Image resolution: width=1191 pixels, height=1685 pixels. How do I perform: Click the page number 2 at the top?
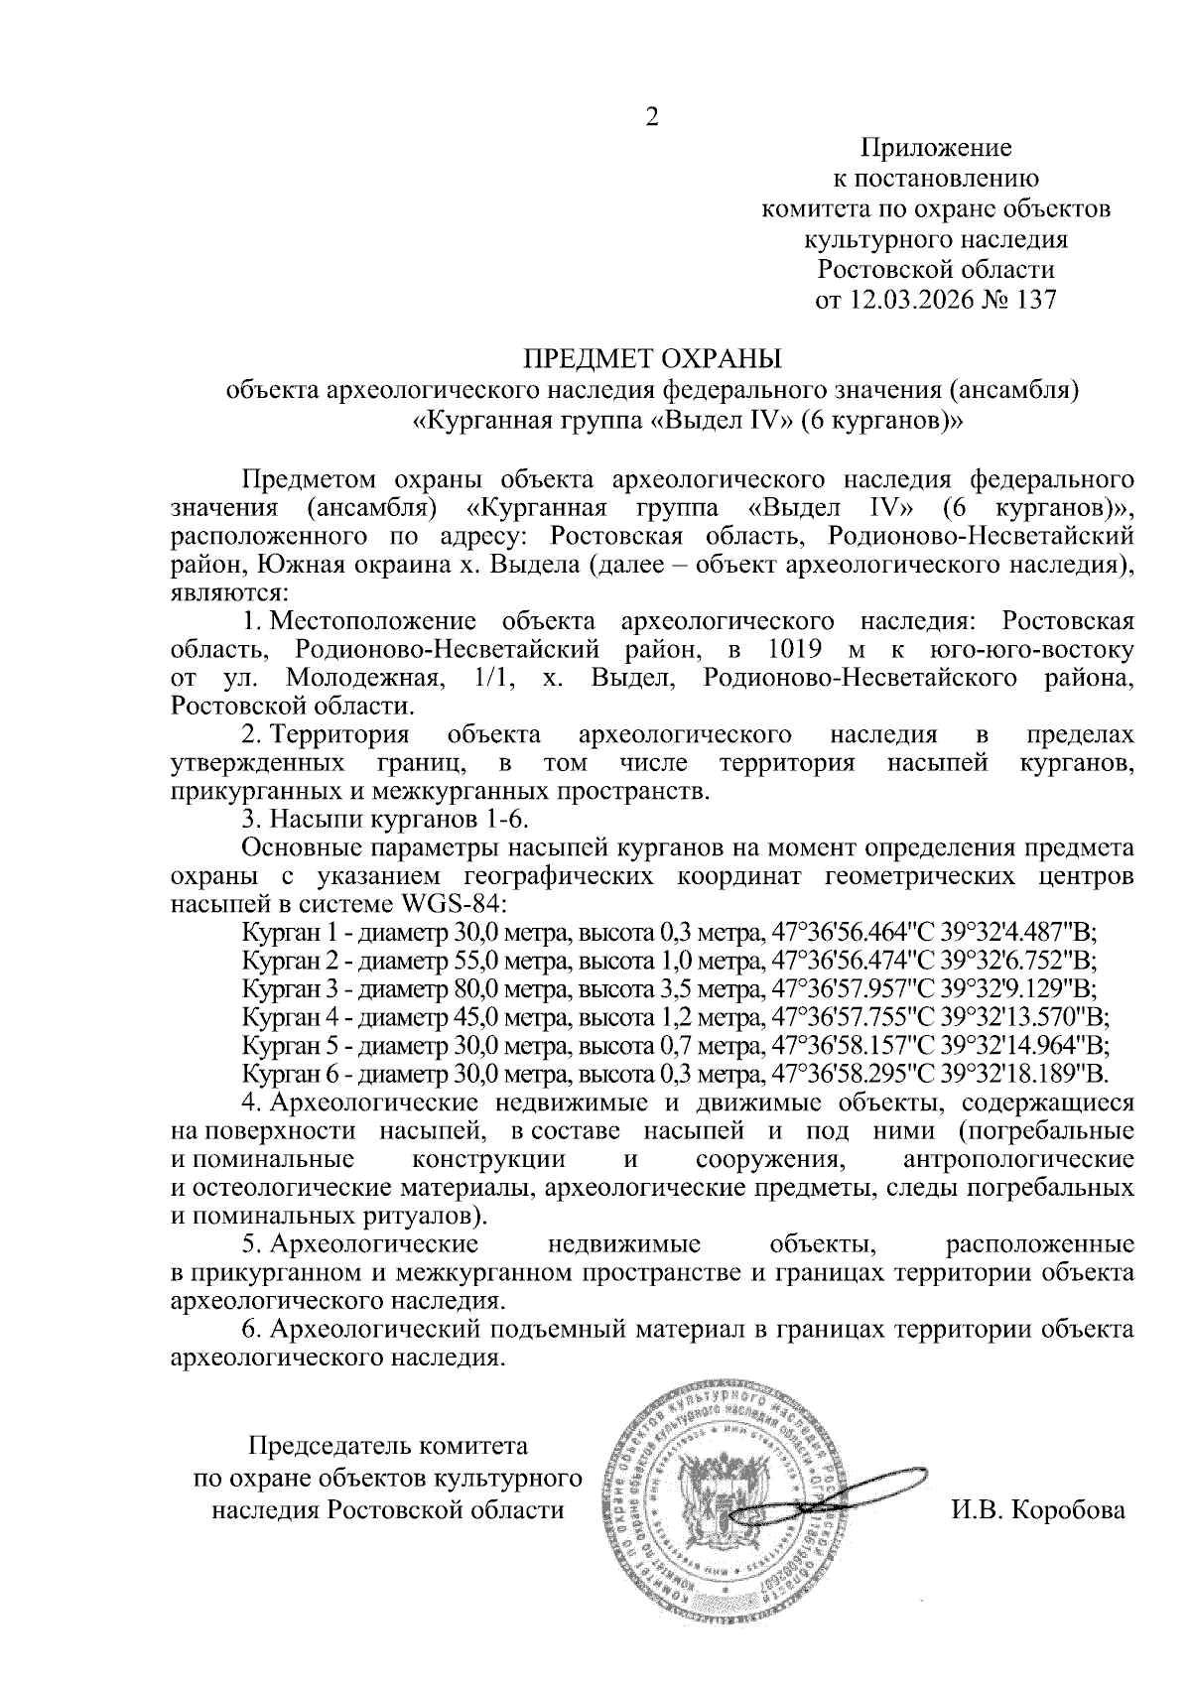tap(652, 118)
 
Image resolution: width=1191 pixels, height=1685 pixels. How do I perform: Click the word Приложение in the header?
tap(936, 149)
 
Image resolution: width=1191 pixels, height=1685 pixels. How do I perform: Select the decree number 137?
tap(1033, 299)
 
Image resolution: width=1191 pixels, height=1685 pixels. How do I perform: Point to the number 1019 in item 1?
tap(787, 651)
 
